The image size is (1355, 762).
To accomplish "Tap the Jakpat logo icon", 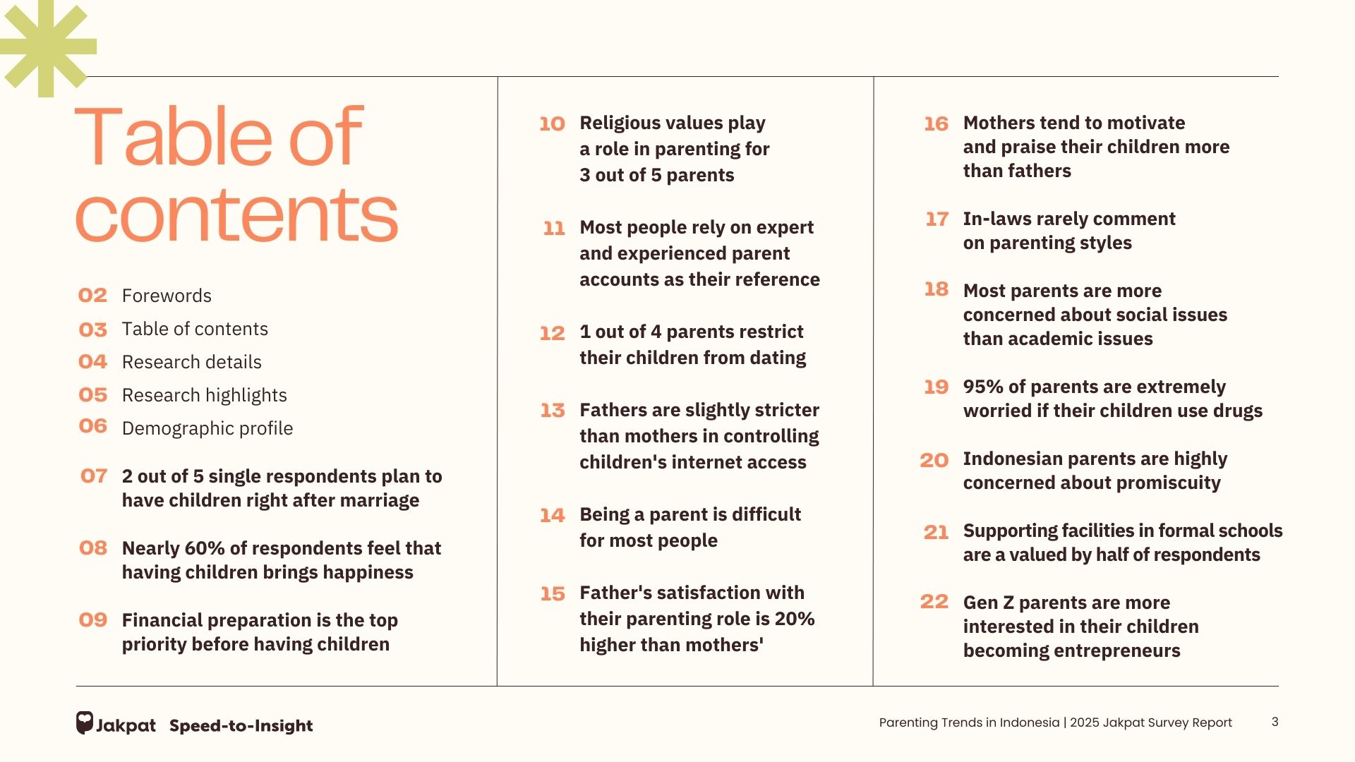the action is click(85, 723).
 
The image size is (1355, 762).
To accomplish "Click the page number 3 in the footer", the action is click(1275, 722).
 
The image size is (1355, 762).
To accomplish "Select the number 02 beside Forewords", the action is click(92, 296).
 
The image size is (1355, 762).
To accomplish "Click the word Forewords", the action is click(167, 296).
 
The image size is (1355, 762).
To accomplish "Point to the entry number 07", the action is click(94, 476).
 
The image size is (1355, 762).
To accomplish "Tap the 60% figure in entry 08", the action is click(205, 548).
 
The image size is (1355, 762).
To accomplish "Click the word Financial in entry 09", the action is click(163, 620).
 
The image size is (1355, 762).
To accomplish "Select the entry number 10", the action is click(552, 124).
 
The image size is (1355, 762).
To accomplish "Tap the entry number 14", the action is click(553, 516).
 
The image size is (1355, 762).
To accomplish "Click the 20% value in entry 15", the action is click(795, 619).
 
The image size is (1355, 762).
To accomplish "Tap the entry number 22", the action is click(934, 602).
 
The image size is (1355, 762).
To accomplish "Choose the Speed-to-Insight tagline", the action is click(241, 726).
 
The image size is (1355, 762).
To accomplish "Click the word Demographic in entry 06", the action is click(170, 428).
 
